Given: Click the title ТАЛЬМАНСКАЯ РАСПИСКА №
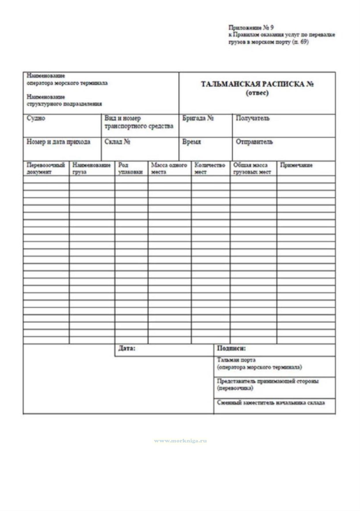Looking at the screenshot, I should tap(257, 84).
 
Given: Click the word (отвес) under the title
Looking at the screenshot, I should tap(257, 93).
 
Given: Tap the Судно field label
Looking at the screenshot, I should tap(36, 118).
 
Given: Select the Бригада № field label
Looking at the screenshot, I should tap(198, 118).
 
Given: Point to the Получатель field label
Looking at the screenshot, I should tap(253, 118).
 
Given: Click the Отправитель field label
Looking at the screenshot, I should tap(254, 142).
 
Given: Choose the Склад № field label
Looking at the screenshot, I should tap(118, 142).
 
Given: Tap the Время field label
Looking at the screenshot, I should tap(192, 142).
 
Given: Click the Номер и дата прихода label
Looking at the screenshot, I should tap(58, 142).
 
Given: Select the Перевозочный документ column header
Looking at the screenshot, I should tap(46, 168).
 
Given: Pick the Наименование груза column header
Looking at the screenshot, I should tap(91, 168).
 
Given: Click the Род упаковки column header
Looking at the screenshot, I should tap(130, 168).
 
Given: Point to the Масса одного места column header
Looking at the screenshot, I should tap(169, 168).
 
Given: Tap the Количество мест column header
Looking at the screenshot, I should tap(210, 168).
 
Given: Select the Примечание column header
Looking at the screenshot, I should tap(296, 165).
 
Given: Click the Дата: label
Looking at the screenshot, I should tap(127, 348).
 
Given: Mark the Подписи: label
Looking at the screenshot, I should tap(231, 348).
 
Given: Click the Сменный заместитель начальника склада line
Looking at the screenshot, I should tap(271, 403).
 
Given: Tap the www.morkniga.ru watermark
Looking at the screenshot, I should tap(180, 441).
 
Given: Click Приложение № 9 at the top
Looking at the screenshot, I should tap(251, 28).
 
